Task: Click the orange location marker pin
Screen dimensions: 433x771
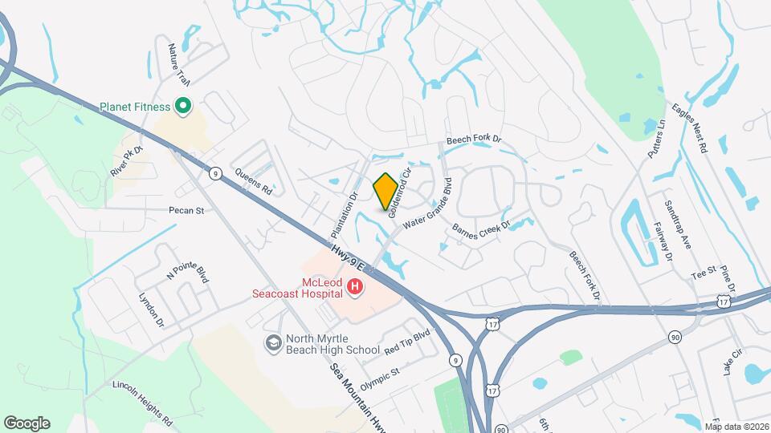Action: click(x=385, y=191)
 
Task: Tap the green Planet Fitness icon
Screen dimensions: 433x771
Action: click(x=182, y=106)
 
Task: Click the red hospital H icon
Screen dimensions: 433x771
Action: click(x=354, y=285)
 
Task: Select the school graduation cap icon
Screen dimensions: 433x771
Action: click(x=274, y=342)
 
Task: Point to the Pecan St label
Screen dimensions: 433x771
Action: click(x=187, y=211)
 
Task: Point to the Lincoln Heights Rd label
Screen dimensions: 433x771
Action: click(x=143, y=401)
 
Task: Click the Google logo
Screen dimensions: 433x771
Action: click(x=27, y=423)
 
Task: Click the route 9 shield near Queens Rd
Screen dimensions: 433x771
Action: click(x=214, y=172)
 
